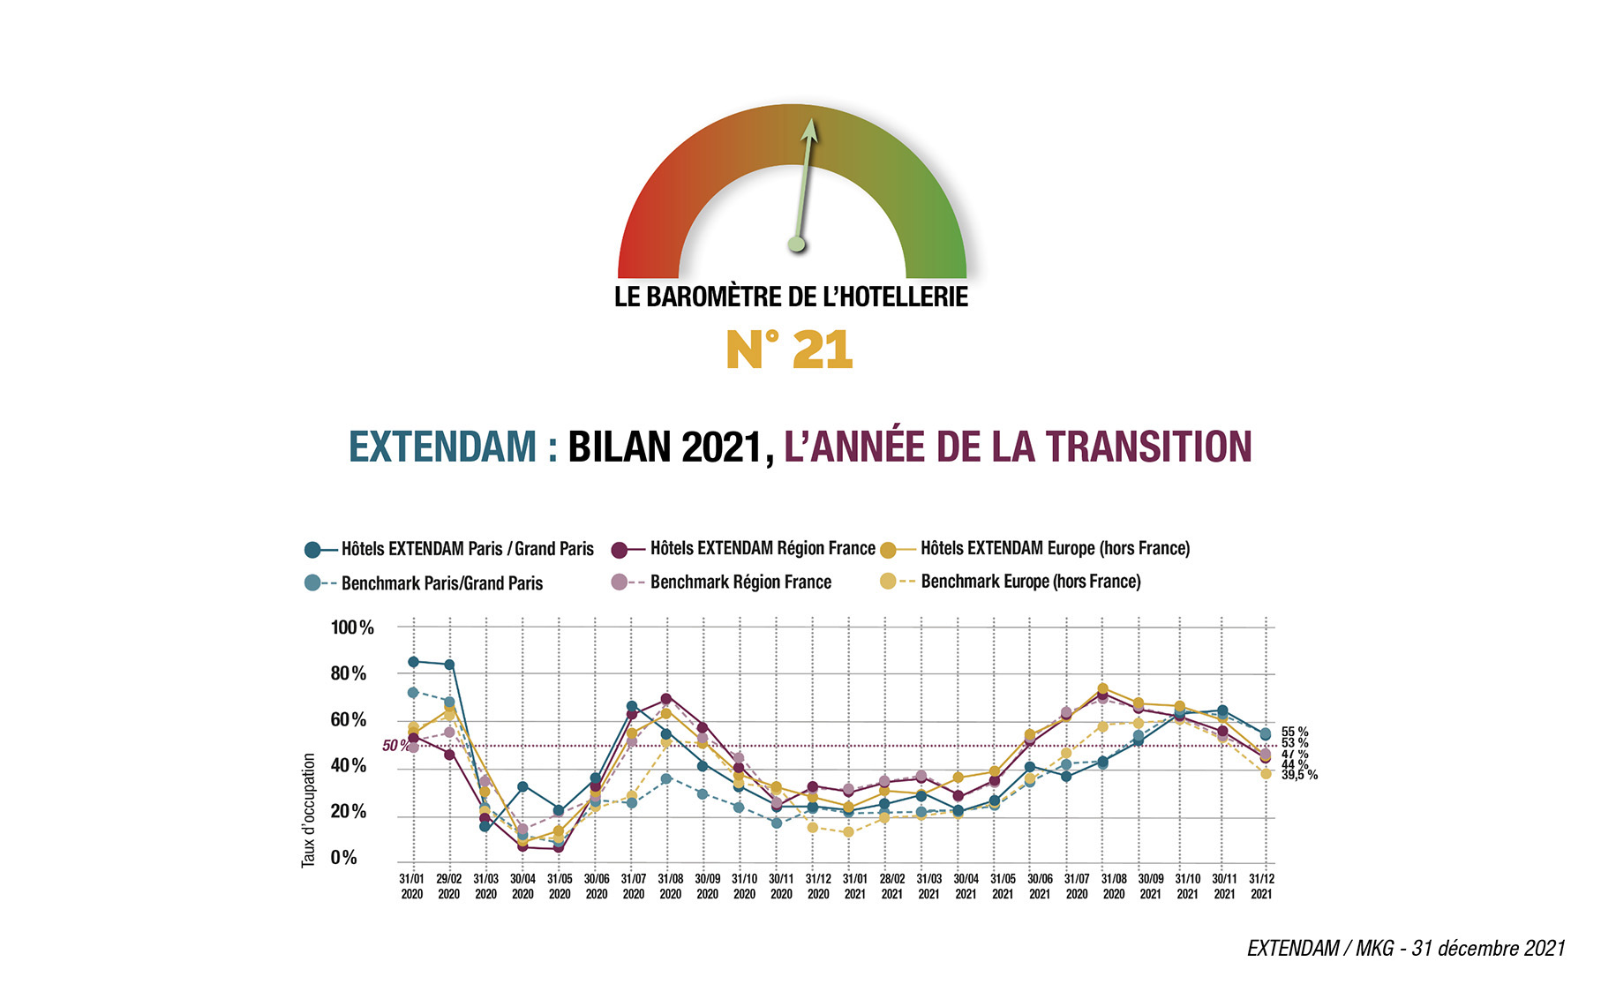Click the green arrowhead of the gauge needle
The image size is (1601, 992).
809,130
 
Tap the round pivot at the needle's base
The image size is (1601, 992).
797,244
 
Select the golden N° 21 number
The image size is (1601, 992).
789,349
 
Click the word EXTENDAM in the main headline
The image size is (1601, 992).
442,447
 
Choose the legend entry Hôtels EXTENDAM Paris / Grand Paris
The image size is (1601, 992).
467,549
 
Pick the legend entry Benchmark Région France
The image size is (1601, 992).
740,582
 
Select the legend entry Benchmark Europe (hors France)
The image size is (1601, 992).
1030,582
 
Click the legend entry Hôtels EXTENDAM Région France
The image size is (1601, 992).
762,548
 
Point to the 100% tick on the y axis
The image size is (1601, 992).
352,628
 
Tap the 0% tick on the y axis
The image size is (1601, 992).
343,858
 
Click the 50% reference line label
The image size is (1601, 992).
395,746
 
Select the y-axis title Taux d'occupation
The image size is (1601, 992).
308,810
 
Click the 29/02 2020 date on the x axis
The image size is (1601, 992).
448,886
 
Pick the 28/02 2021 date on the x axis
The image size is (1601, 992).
891,886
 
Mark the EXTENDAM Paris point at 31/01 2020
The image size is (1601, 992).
413,661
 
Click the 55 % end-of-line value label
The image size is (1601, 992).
1295,732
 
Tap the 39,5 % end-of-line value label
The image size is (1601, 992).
1299,775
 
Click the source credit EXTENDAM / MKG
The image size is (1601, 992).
1405,949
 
